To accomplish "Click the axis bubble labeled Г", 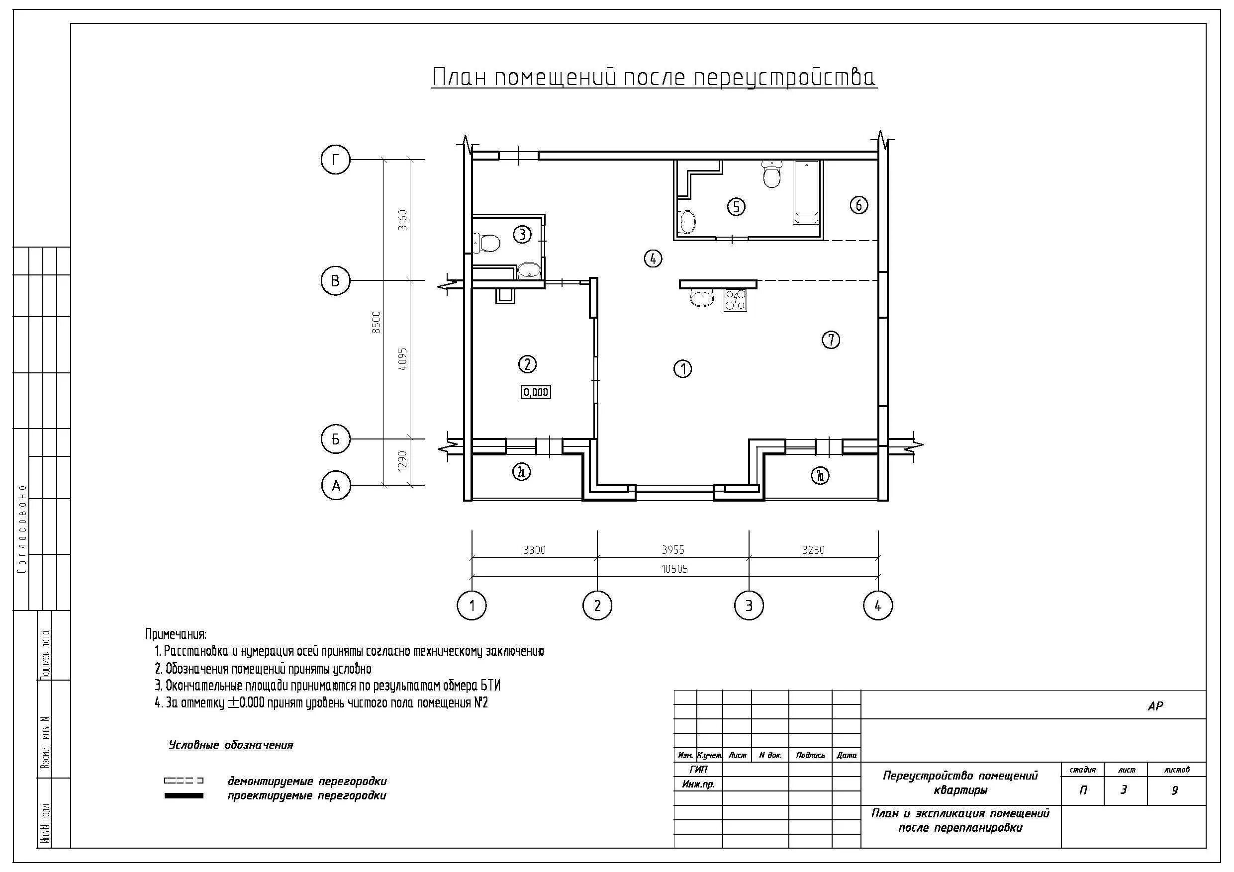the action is coord(335,160).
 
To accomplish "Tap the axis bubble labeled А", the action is coord(336,486).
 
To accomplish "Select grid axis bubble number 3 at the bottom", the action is coord(749,606).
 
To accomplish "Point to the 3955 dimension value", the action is coord(673,550).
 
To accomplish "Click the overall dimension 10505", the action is coord(674,568).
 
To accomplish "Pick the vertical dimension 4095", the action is coord(402,359).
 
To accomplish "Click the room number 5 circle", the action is coord(736,206).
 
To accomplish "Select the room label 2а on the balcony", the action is coord(521,472).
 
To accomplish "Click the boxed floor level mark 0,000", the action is coord(536,392).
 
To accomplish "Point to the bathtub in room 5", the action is coord(806,192).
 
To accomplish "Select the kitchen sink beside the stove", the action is coord(701,298).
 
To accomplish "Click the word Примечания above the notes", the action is coord(176,634).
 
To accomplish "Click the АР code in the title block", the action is coord(1155,706).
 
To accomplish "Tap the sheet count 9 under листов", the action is coord(1174,790).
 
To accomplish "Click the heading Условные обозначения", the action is coord(231,745).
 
